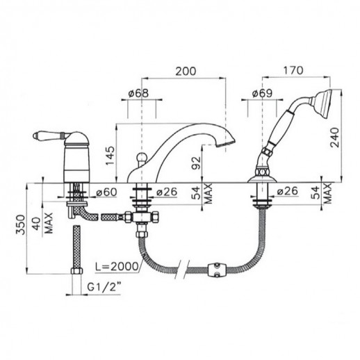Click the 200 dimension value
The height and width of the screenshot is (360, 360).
186,71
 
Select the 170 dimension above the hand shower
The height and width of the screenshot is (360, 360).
293,70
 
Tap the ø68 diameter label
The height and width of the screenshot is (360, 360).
138,93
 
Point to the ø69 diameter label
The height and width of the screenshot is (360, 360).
262,93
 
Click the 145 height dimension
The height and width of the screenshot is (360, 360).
111,156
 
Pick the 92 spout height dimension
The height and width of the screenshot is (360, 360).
197,163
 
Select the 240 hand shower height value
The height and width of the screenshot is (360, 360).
335,138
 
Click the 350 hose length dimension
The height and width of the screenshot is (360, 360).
20,224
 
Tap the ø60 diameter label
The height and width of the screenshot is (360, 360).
106,192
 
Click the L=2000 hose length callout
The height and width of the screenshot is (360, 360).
117,266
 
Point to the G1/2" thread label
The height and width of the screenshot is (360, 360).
104,287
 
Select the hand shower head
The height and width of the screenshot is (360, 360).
322,103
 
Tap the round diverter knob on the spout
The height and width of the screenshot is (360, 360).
140,158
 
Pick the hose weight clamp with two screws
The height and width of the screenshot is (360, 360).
217,270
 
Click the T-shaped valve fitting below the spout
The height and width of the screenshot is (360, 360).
142,218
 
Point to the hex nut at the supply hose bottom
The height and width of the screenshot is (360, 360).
76,271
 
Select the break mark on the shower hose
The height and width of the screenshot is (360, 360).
183,269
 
